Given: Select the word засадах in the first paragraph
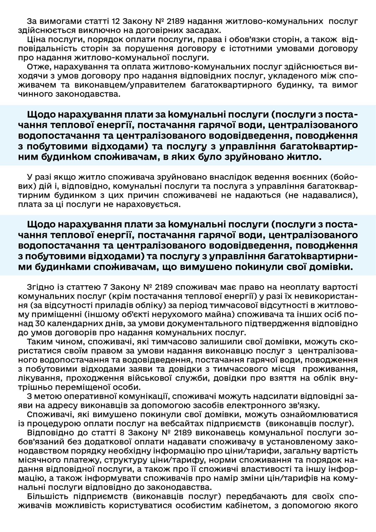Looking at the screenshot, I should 202,30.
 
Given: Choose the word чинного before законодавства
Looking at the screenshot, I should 35,94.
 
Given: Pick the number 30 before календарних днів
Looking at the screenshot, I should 39,324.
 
